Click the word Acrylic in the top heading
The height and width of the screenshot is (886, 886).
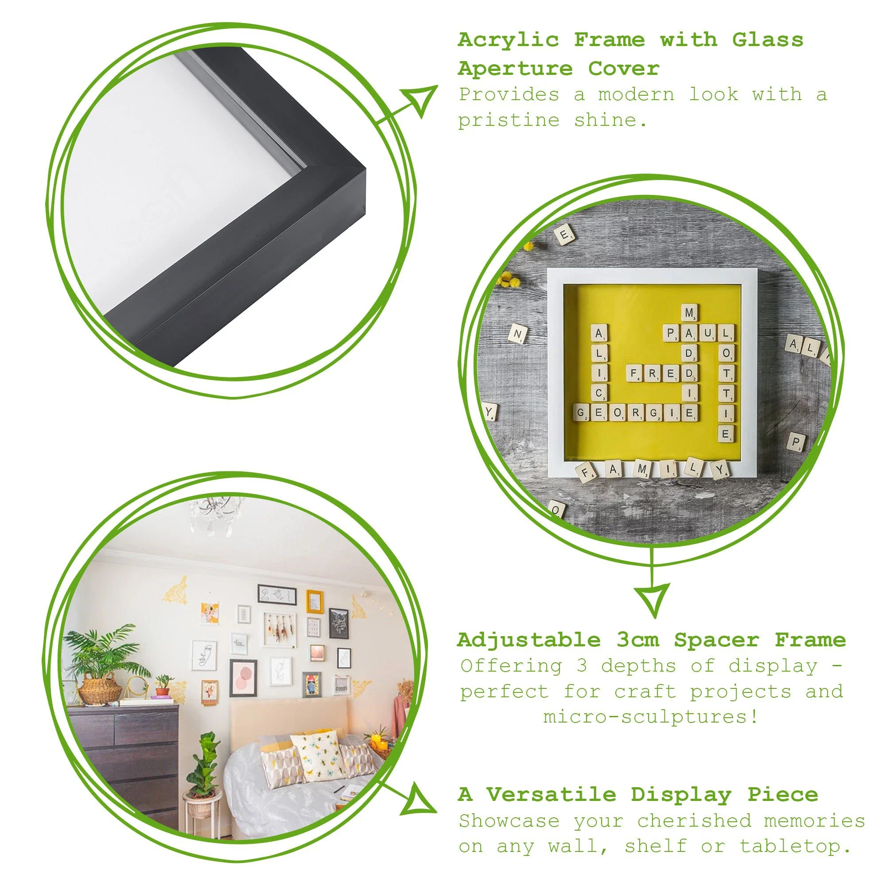click(508, 40)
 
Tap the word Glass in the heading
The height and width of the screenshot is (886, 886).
click(767, 40)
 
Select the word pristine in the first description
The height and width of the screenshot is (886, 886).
click(509, 121)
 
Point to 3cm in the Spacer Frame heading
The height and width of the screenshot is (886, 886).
click(637, 640)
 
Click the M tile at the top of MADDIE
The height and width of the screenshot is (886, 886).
click(689, 313)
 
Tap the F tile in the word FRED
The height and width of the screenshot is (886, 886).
click(634, 374)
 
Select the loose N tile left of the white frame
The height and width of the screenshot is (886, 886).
click(519, 334)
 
